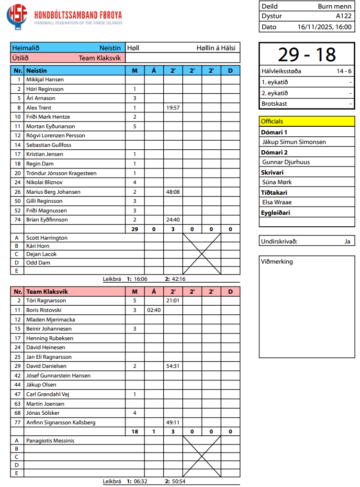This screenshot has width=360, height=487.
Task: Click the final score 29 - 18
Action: click(307, 55)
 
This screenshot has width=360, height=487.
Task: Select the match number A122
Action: click(344, 16)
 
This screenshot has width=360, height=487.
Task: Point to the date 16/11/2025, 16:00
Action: click(325, 27)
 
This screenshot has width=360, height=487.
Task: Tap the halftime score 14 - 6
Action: click(344, 71)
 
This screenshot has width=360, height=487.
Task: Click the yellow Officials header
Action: click(272, 122)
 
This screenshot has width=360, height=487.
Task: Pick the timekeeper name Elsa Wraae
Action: click(277, 202)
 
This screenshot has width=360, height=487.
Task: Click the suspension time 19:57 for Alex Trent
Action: click(173, 108)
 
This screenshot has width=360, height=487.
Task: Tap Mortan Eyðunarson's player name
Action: click(50, 126)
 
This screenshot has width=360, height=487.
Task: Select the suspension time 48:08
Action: click(173, 192)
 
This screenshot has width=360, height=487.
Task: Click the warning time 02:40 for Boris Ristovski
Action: click(154, 310)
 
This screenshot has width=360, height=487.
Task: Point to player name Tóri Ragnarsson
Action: click(46, 300)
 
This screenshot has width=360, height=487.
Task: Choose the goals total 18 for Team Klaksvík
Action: click(135, 432)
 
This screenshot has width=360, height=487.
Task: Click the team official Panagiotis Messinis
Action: click(50, 441)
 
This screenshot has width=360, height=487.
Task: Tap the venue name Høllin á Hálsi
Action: click(216, 48)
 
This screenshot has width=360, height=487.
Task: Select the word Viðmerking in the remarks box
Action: click(277, 262)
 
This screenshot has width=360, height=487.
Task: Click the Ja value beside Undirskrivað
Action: click(347, 241)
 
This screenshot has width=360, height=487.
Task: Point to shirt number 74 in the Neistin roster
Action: click(18, 220)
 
